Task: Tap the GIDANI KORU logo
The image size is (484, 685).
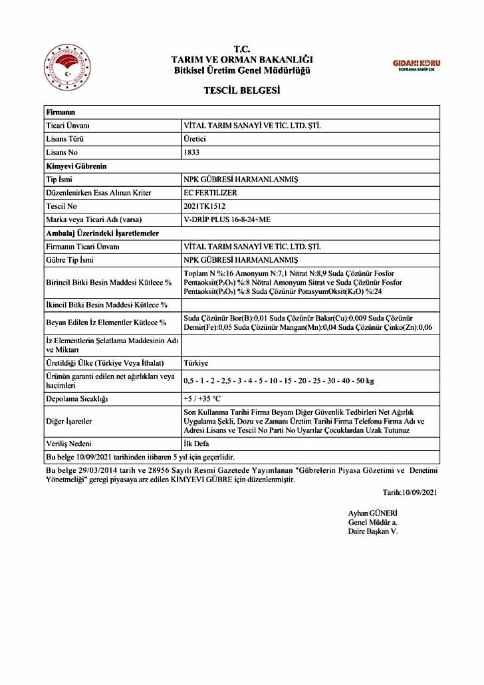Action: [416, 65]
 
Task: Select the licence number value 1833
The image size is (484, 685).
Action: [191, 152]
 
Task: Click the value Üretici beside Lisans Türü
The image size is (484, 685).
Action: [194, 139]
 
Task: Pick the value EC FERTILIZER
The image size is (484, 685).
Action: [210, 193]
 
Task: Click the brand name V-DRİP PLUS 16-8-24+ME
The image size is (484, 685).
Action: [227, 219]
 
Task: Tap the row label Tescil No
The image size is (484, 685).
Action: [61, 206]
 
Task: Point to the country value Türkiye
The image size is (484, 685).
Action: [196, 363]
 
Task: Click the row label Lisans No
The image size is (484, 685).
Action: [62, 152]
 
